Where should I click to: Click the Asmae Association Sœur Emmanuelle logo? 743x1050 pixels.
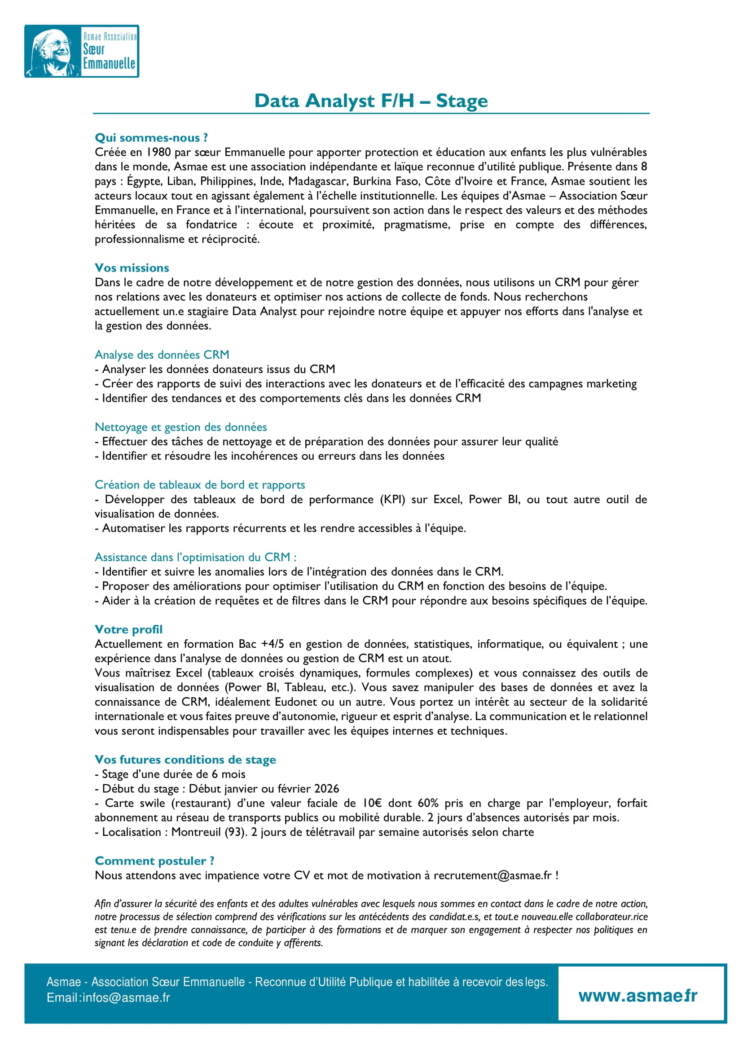[81, 51]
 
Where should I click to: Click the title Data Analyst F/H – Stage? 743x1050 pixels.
[370, 101]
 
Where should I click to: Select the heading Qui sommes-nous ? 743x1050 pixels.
[151, 138]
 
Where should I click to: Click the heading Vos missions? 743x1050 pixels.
[132, 268]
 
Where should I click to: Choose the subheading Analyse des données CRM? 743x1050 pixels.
[162, 355]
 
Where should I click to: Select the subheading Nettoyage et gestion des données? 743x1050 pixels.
[181, 427]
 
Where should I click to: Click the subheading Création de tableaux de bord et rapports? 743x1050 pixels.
[199, 484]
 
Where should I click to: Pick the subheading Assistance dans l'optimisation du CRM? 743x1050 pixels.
[195, 557]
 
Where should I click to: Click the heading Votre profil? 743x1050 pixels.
[128, 629]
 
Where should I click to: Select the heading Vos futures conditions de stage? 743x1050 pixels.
[185, 760]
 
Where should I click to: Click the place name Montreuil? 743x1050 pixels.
[196, 832]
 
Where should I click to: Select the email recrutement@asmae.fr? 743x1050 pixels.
[492, 875]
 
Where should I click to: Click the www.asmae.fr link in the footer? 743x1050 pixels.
[637, 996]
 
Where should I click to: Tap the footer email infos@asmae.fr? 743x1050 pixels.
[126, 997]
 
